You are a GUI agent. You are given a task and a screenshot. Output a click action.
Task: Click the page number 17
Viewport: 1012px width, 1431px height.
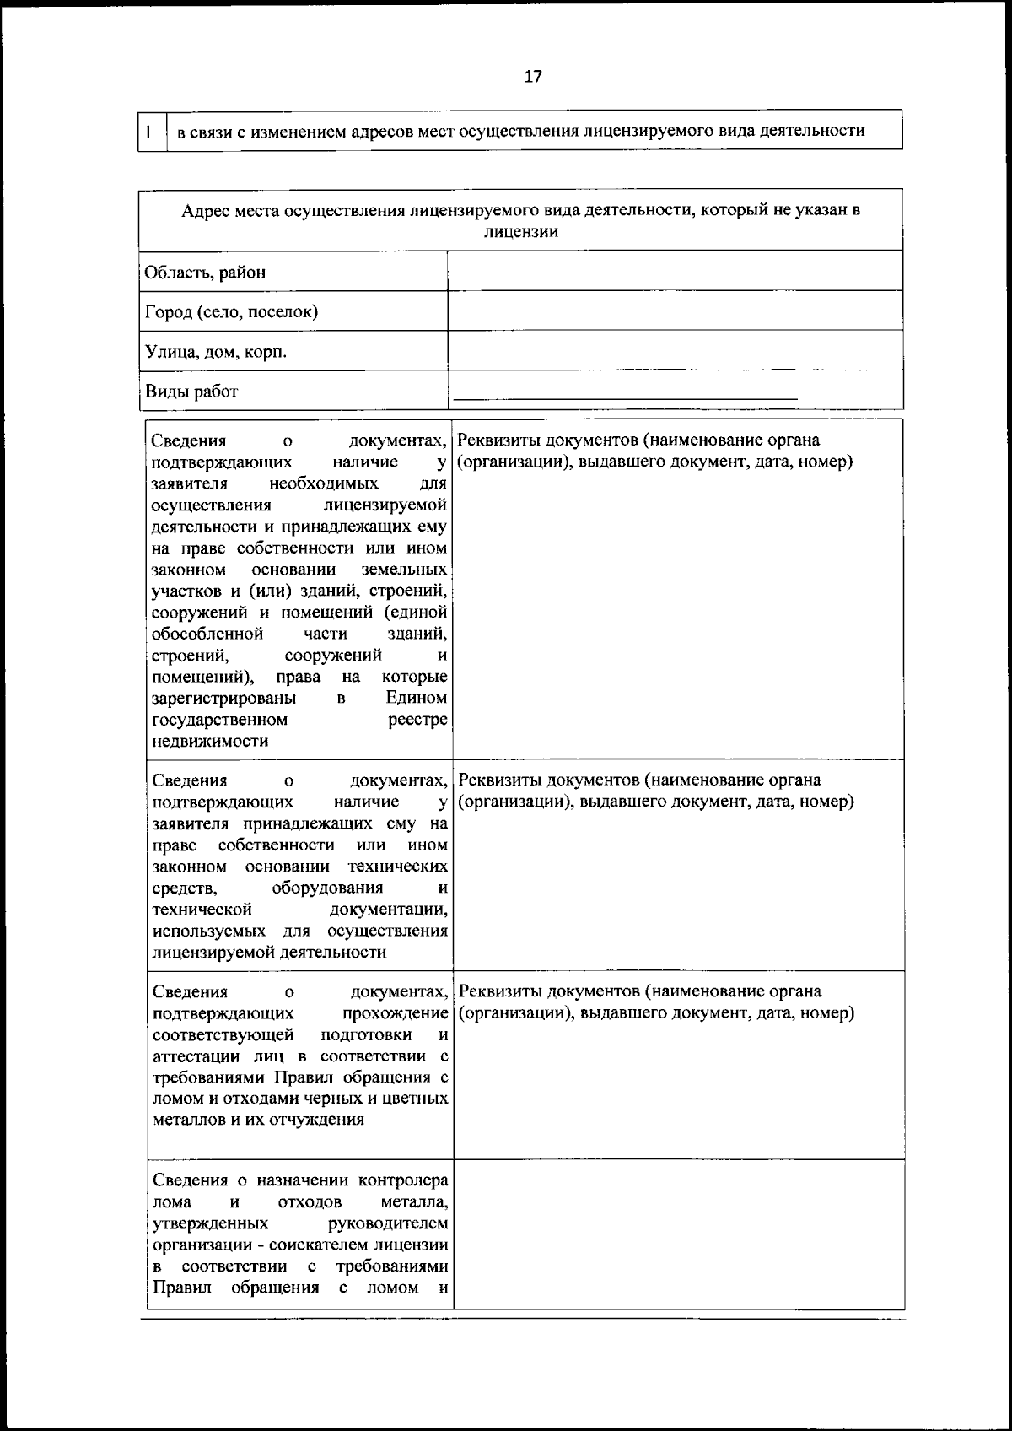click(533, 77)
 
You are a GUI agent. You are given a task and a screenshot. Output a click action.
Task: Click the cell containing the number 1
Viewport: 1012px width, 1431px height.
click(149, 132)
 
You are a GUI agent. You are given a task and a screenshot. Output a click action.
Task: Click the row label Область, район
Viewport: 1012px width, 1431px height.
click(205, 273)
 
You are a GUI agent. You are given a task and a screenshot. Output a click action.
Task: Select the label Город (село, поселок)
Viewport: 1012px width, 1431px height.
click(231, 312)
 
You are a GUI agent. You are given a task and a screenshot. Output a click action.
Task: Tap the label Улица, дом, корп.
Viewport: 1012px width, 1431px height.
click(216, 352)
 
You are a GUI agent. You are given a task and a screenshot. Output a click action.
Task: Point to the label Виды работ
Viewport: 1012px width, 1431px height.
click(191, 391)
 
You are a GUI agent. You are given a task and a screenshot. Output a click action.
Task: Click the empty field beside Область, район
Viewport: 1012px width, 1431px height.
click(675, 272)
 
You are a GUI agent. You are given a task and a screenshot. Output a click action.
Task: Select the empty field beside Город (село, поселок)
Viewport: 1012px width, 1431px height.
click(675, 311)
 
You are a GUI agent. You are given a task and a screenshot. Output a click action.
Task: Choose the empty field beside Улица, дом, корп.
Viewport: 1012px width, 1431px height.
click(675, 351)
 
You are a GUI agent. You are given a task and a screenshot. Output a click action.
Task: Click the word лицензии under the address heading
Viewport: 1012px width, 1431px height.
click(520, 232)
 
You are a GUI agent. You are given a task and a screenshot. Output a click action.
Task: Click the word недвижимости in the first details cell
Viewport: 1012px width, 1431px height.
click(210, 742)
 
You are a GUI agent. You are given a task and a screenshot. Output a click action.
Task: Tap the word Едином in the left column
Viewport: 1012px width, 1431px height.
click(417, 698)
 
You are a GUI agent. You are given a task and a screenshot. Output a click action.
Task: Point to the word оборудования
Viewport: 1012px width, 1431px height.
click(327, 888)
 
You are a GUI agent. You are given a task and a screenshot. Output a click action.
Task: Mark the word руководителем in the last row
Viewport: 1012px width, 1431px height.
click(388, 1223)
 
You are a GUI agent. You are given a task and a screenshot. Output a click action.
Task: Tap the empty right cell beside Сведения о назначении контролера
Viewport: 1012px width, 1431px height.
click(678, 1234)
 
